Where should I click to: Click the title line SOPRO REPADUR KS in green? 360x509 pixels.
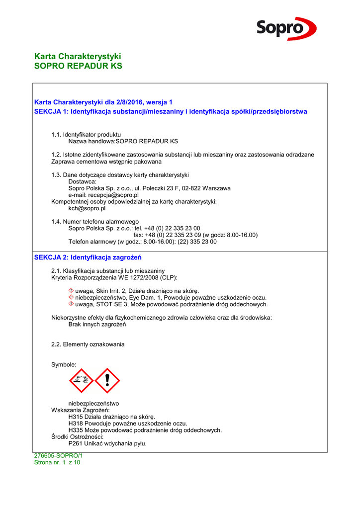(78, 66)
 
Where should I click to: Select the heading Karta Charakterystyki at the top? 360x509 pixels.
(78, 56)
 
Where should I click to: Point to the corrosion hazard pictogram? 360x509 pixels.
(81, 381)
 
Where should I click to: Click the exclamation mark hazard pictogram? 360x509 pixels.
(107, 381)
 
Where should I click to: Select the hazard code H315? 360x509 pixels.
(75, 417)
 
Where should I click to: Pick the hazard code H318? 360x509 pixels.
(75, 424)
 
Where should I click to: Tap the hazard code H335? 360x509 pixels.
(75, 430)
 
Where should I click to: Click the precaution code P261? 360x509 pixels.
(75, 443)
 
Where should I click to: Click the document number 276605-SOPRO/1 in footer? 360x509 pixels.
(58, 455)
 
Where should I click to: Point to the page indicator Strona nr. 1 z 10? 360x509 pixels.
(57, 462)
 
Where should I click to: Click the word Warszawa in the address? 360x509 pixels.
(216, 188)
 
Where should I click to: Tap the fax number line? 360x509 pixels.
(195, 235)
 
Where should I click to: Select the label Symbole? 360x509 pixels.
(64, 364)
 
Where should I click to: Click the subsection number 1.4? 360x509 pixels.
(56, 221)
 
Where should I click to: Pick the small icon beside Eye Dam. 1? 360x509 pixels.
(71, 297)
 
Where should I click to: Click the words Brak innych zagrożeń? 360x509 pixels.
(97, 324)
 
